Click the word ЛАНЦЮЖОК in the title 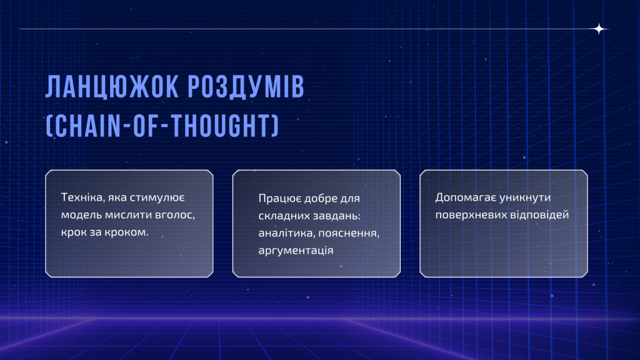point(112,87)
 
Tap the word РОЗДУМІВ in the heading point(246,86)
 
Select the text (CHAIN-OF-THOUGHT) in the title point(162,125)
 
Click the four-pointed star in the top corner point(599,29)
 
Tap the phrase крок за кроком point(104,232)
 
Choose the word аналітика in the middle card point(286,233)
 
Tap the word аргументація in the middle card point(296,250)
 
